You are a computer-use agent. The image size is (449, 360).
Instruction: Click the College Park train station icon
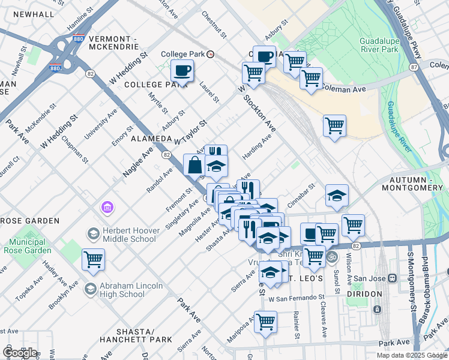(x=211, y=54)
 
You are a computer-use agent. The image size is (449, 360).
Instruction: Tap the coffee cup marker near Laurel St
(x=182, y=71)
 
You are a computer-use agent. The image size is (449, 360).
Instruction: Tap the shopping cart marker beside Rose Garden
(x=94, y=260)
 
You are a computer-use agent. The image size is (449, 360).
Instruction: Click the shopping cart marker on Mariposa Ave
(x=265, y=321)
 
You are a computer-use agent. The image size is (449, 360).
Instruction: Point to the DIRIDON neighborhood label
(x=364, y=294)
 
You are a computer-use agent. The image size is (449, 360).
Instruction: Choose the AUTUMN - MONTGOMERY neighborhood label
(x=416, y=184)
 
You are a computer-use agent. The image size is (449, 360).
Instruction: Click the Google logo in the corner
(x=20, y=353)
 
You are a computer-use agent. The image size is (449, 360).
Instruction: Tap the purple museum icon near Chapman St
(x=107, y=208)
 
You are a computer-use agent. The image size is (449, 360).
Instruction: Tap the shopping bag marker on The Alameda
(x=195, y=164)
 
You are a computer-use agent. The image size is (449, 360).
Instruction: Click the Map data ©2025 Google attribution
(x=411, y=355)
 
